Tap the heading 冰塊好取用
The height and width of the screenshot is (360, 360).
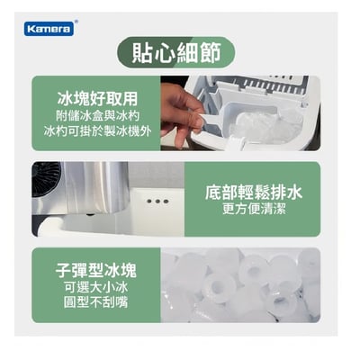96,96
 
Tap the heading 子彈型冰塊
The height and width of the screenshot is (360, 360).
96,266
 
